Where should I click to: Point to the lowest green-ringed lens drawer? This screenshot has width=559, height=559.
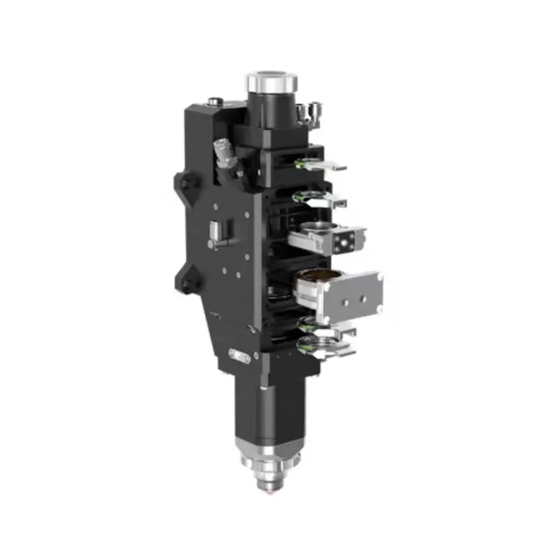click(x=323, y=347)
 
